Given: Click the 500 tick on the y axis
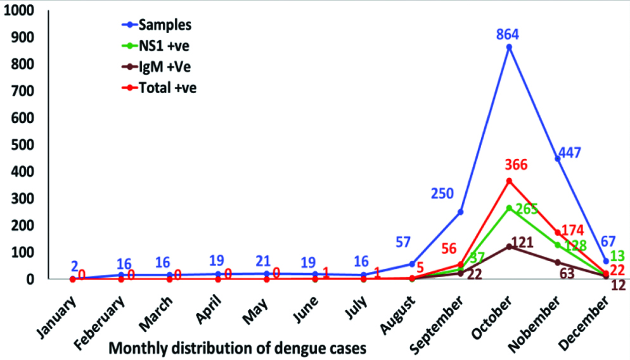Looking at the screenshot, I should [24, 145].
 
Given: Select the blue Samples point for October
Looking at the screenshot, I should [509, 47].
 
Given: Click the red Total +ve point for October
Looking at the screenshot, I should [509, 181].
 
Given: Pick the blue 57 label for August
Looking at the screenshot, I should [402, 242].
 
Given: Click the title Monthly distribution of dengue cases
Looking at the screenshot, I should [238, 347].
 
